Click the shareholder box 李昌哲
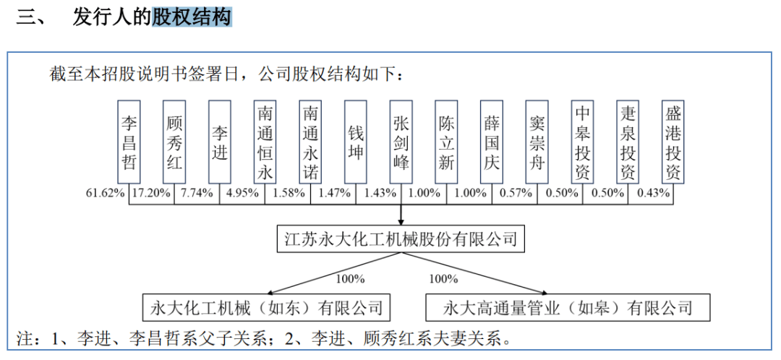pyautogui.click(x=130, y=142)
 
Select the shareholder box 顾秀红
pyautogui.click(x=175, y=142)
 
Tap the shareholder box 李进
pyautogui.click(x=220, y=142)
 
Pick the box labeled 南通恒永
pyautogui.click(x=265, y=142)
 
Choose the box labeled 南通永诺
pyautogui.click(x=310, y=142)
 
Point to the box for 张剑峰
pyautogui.click(x=401, y=142)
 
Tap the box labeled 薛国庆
pyautogui.click(x=492, y=142)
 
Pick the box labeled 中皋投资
pyautogui.click(x=582, y=142)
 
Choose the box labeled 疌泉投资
pyautogui.click(x=628, y=142)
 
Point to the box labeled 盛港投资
pyautogui.click(x=673, y=142)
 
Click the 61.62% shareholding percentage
pyautogui.click(x=106, y=193)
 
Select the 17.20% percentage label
pyautogui.click(x=152, y=193)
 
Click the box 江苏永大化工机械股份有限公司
pyautogui.click(x=401, y=239)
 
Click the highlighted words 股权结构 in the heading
pyautogui.click(x=192, y=18)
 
